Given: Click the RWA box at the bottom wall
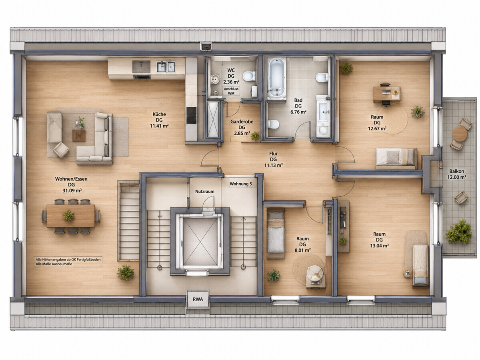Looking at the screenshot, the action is (x=198, y=299).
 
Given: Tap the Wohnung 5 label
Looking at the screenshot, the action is (x=240, y=184).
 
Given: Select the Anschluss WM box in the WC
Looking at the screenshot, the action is (x=231, y=91).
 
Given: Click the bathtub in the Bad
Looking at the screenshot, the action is (x=277, y=77).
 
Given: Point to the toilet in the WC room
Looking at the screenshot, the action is (x=249, y=76).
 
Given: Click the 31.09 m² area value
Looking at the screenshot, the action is (x=72, y=191).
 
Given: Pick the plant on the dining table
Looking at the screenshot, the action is (x=68, y=215).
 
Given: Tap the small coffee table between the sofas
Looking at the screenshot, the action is (x=79, y=136).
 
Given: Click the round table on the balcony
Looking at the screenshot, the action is (x=460, y=134).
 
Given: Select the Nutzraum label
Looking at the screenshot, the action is (x=205, y=192).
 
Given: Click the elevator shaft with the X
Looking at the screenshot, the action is (x=200, y=241).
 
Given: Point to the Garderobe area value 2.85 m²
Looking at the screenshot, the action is (x=242, y=133).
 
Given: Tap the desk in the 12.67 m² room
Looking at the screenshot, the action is (x=387, y=94).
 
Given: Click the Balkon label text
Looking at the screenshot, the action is (x=457, y=171).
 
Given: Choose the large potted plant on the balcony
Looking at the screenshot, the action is (x=459, y=232).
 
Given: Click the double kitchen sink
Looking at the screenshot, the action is (x=166, y=67).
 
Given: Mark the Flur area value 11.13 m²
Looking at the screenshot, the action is (x=273, y=165).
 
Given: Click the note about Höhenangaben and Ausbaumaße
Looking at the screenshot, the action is (x=68, y=262).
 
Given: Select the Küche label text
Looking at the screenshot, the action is (x=159, y=114).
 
